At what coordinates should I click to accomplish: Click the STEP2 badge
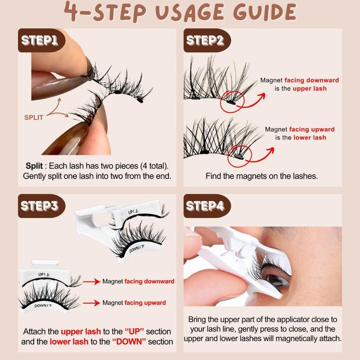point(205,41)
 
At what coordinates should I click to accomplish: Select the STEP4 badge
point(205,207)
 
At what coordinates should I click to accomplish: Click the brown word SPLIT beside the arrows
point(34,117)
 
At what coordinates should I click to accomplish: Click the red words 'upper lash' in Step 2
point(310,89)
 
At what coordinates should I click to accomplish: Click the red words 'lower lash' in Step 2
point(310,137)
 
